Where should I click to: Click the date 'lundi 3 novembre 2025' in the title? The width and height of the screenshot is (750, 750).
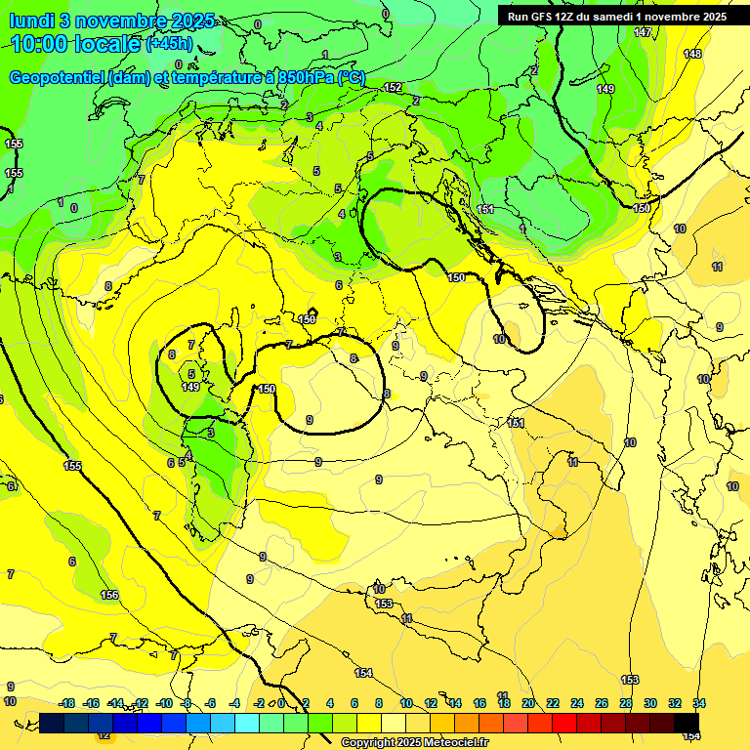113,21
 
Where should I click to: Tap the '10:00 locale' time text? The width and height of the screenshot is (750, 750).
76,44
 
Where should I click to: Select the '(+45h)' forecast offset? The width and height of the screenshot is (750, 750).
169,44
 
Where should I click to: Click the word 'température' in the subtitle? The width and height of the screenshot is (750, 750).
215,78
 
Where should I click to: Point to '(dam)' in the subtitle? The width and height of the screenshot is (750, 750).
126,78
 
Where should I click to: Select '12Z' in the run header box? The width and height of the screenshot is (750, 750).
571,17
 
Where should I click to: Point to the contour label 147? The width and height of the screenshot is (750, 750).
642,32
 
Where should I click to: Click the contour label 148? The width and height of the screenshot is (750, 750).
692,54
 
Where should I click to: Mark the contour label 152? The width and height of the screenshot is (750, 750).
393,87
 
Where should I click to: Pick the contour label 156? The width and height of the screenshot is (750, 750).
109,595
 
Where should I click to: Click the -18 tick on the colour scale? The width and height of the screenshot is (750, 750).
66,703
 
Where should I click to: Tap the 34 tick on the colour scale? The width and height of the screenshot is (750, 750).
699,703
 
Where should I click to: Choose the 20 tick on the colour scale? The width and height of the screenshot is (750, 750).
528,703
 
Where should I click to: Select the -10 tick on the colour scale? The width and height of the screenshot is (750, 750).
164,703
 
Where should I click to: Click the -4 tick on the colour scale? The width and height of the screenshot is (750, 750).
235,703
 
